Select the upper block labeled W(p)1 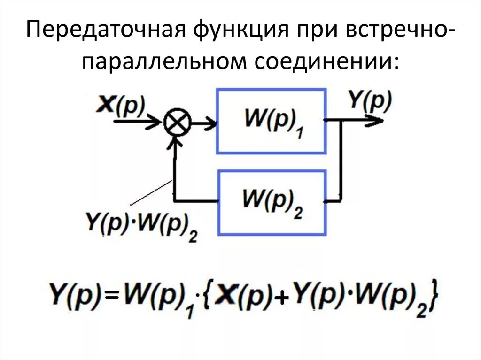click(x=271, y=121)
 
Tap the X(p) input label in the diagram click(x=121, y=105)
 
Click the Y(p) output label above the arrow click(x=370, y=101)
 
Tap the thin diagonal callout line click(x=150, y=193)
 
